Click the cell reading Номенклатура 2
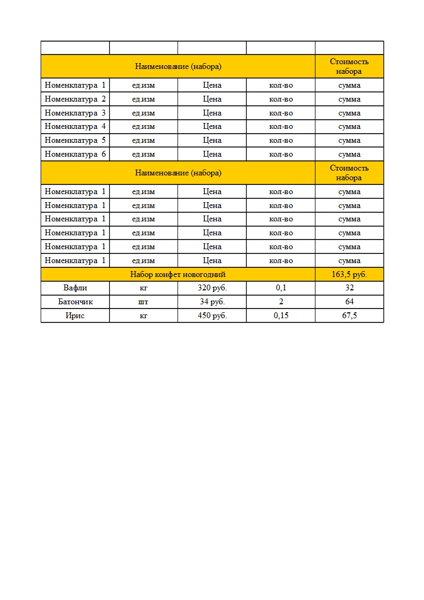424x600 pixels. pyautogui.click(x=75, y=99)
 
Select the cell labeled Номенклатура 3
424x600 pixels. pyautogui.click(x=75, y=113)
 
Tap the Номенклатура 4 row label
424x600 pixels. pyautogui.click(x=75, y=127)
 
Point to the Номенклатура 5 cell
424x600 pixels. pyautogui.click(x=75, y=140)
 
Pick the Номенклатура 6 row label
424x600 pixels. pyautogui.click(x=75, y=154)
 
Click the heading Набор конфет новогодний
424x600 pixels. pyautogui.click(x=178, y=274)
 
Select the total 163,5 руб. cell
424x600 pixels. pyautogui.click(x=349, y=274)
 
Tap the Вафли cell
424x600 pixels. pyautogui.click(x=75, y=288)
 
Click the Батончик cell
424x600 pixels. pyautogui.click(x=75, y=302)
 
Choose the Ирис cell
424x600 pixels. pyautogui.click(x=75, y=316)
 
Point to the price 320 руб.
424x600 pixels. pyautogui.click(x=212, y=288)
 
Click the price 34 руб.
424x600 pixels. pyautogui.click(x=212, y=302)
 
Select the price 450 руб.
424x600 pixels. pyautogui.click(x=212, y=316)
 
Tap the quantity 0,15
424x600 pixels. pyautogui.click(x=281, y=316)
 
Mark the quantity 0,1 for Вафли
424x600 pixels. pyautogui.click(x=281, y=288)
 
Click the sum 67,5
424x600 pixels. pyautogui.click(x=349, y=316)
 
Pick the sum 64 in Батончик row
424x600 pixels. pyautogui.click(x=349, y=302)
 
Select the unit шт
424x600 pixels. pyautogui.click(x=143, y=302)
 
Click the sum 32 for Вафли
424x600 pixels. pyautogui.click(x=349, y=288)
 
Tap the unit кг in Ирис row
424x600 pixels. pyautogui.click(x=143, y=316)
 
